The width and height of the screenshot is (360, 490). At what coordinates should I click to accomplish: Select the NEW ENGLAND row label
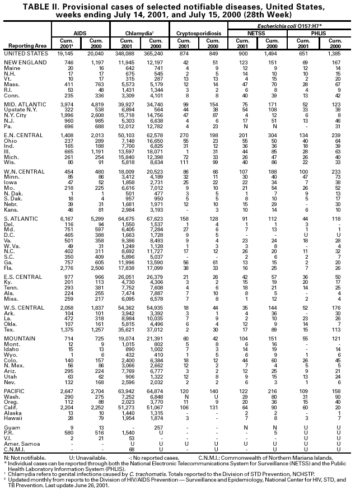pos(24,62)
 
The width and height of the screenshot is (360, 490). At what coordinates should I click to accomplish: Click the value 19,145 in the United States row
pos(66,53)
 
